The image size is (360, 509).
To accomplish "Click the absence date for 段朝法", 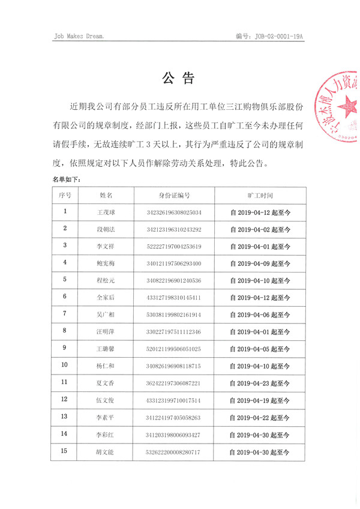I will coord(260,229).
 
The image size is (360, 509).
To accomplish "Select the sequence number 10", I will coord(65,365).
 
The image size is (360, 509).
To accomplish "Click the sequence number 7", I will coord(65,314).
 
